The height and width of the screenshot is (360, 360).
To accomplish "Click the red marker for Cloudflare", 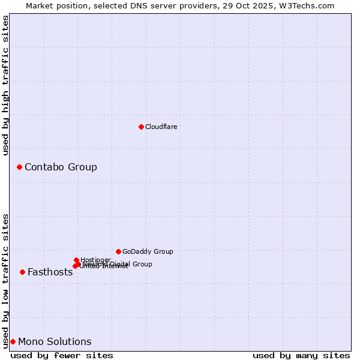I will click(x=141, y=127).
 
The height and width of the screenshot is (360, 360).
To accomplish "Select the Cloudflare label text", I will click(x=161, y=127).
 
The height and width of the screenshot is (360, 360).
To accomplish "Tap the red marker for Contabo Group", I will click(x=19, y=167).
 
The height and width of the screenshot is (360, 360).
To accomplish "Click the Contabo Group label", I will click(x=61, y=167).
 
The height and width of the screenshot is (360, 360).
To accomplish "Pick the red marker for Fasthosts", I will click(x=22, y=272).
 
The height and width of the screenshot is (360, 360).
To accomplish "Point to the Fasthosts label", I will click(x=50, y=272).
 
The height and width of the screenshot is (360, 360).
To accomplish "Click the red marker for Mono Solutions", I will click(x=13, y=341).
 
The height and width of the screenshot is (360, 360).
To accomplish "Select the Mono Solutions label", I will click(x=55, y=341).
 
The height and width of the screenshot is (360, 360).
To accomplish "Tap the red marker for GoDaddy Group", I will click(x=118, y=251).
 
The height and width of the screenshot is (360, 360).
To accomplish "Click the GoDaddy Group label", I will click(x=148, y=251).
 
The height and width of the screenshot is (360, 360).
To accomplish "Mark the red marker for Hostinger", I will click(x=76, y=260).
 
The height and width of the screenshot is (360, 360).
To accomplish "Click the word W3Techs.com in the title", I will click(x=310, y=5).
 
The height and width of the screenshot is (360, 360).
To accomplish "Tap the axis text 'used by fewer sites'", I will click(x=62, y=355).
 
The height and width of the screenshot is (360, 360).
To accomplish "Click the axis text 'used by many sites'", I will click(x=301, y=355).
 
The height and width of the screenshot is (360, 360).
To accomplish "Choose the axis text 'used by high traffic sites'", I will click(x=5, y=85).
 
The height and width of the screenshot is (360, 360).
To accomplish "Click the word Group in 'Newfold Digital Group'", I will click(x=142, y=264).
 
